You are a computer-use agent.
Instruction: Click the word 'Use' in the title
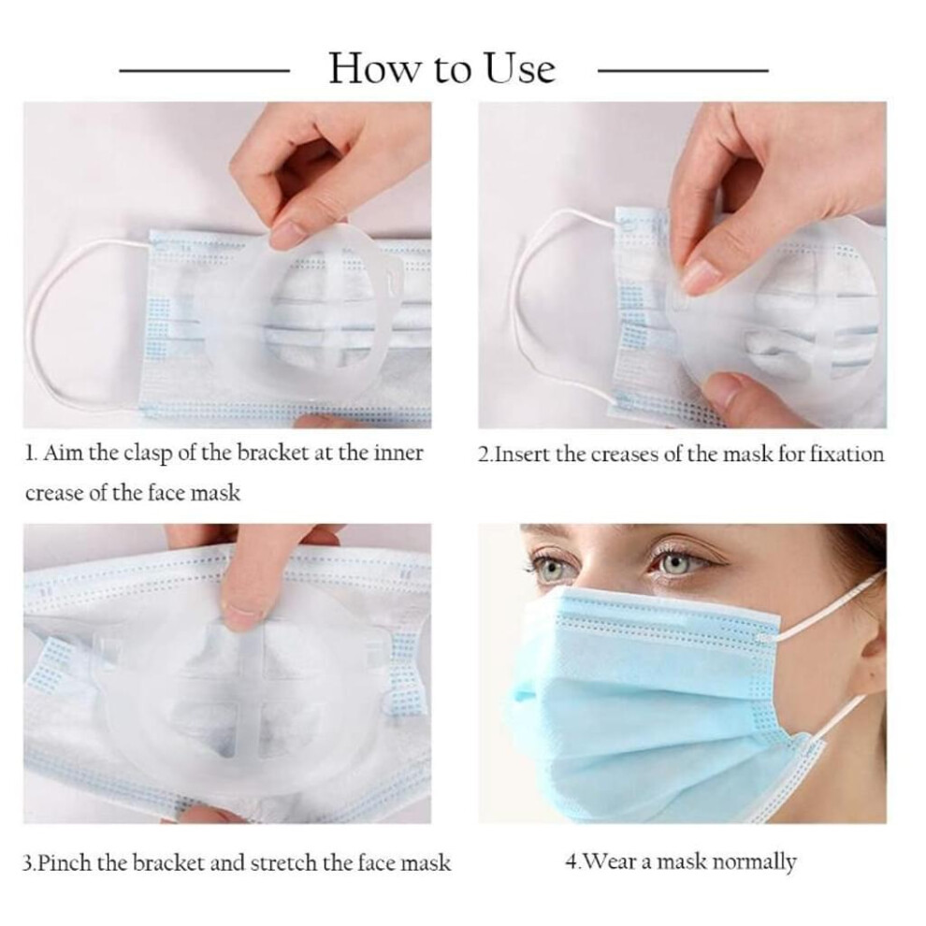point(520,68)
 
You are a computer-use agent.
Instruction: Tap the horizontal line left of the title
point(204,71)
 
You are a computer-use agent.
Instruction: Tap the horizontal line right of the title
point(684,71)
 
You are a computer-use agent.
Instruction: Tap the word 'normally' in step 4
point(754,862)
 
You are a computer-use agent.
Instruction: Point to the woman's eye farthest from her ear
point(549,567)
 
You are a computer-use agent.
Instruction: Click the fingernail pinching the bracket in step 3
point(238,617)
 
